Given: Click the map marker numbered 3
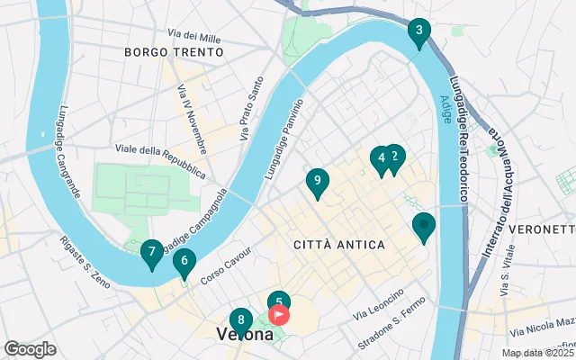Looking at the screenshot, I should pyautogui.click(x=418, y=32).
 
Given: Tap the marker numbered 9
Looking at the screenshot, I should pyautogui.click(x=316, y=182).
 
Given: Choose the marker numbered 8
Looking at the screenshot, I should pyautogui.click(x=240, y=320).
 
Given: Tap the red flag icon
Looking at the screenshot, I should pyautogui.click(x=279, y=315).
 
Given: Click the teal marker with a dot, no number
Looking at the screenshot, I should pyautogui.click(x=423, y=226).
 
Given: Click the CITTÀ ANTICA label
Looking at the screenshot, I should pyautogui.click(x=339, y=245).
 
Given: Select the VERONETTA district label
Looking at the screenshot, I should pyautogui.click(x=542, y=229).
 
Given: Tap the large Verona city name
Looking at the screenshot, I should pyautogui.click(x=246, y=335).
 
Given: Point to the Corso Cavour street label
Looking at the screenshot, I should pyautogui.click(x=223, y=270).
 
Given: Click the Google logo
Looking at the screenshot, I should pyautogui.click(x=31, y=349).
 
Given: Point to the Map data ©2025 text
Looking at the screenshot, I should pyautogui.click(x=537, y=353).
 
